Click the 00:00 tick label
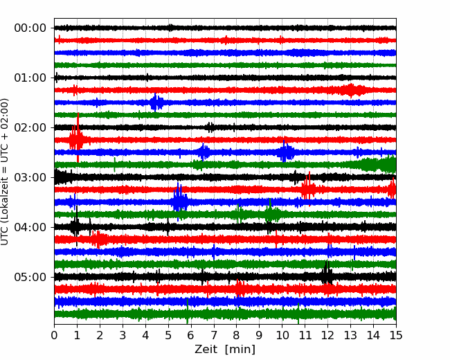pos(30,28)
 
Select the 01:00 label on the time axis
pos(30,78)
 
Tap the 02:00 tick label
pos(30,127)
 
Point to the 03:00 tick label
pos(30,177)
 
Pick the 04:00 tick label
pos(30,227)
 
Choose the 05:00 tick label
pos(30,277)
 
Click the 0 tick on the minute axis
pos(54,335)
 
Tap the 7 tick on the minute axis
pos(214,335)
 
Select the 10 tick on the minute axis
pos(282,335)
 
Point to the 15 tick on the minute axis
pos(396,335)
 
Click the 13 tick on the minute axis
pos(350,335)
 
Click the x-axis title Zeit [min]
pos(225,350)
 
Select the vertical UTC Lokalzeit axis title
pos(5,172)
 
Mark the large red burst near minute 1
pos(77,138)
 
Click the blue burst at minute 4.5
pos(156,102)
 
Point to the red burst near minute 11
pos(308,188)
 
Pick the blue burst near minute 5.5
pos(180,200)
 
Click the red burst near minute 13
pos(351,91)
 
